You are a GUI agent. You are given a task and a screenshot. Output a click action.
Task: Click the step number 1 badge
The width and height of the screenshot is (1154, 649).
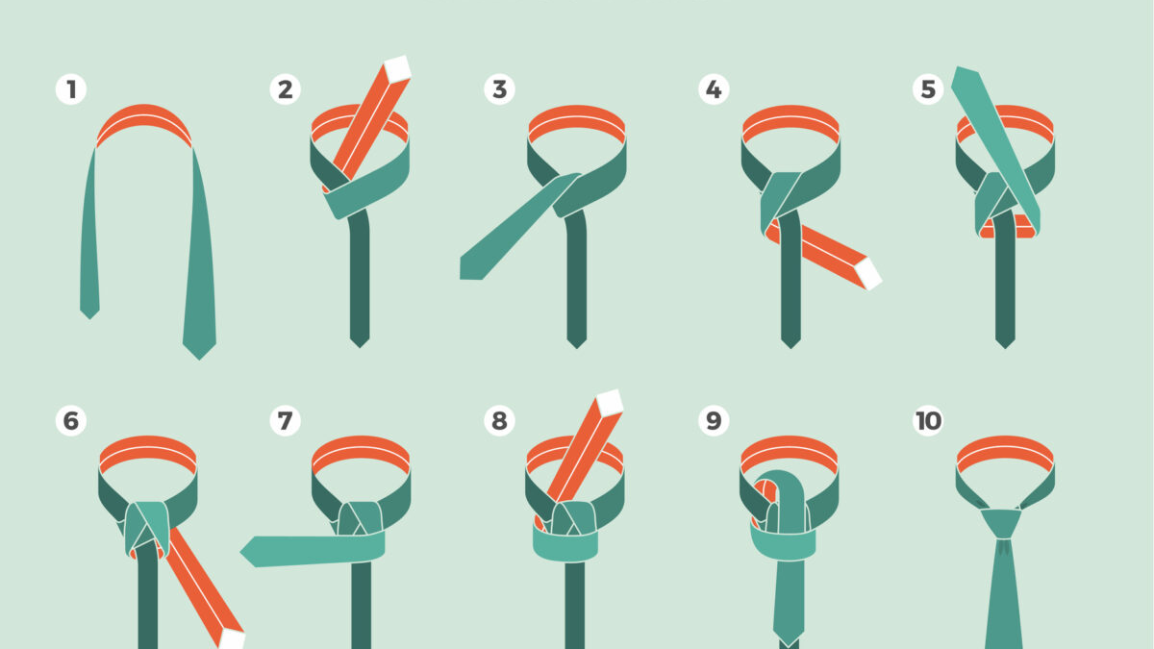71,89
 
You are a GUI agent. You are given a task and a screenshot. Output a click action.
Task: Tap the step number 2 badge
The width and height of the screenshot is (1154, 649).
285,89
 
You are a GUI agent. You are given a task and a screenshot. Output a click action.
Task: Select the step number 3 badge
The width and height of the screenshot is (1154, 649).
499,89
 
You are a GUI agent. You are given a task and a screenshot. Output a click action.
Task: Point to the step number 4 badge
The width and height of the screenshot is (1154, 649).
714,89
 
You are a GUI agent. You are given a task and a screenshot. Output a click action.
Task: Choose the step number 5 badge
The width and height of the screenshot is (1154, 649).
928,89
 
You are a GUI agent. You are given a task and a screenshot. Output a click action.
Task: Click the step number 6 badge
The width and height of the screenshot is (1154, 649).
71,420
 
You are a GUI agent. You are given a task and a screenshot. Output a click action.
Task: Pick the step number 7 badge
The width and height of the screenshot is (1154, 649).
285,420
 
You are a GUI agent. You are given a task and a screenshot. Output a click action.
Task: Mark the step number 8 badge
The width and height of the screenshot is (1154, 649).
499,420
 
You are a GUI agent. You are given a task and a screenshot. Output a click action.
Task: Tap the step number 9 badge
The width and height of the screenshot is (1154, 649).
714,420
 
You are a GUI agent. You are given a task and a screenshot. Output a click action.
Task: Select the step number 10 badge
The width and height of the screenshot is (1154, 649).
928,420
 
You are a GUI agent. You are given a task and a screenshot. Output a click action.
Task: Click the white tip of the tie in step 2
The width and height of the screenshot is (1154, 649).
398,69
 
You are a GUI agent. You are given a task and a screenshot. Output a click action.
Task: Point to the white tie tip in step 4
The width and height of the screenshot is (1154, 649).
868,274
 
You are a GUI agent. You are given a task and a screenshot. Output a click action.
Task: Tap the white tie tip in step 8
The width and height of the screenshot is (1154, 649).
610,403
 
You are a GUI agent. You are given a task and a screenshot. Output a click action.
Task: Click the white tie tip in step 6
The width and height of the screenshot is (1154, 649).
232,639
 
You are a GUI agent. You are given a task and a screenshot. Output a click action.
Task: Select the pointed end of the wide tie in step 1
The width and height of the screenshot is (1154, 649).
199,359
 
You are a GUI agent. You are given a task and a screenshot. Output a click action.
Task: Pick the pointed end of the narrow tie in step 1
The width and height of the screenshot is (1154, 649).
89,319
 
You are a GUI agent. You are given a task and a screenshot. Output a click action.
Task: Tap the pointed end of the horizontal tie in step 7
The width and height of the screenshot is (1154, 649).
240,552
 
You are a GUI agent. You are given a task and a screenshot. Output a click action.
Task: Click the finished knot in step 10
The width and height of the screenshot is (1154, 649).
1001,524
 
